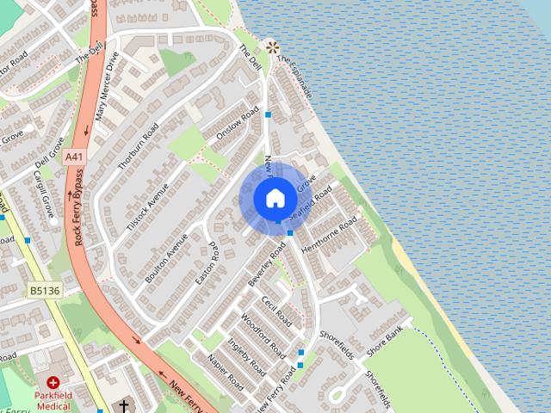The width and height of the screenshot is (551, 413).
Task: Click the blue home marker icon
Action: [275, 198]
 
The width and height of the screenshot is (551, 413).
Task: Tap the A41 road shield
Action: [76, 157]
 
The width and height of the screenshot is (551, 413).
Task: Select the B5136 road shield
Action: [43, 291]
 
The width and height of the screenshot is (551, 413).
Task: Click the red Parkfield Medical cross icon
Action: [53, 382]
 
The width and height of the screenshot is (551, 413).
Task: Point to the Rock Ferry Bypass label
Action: [80, 207]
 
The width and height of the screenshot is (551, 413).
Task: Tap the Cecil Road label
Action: [277, 311]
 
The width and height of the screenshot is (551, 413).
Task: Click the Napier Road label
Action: [226, 371]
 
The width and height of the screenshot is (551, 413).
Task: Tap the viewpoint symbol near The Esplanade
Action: [273, 47]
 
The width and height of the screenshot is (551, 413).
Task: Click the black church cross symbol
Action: [123, 405]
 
